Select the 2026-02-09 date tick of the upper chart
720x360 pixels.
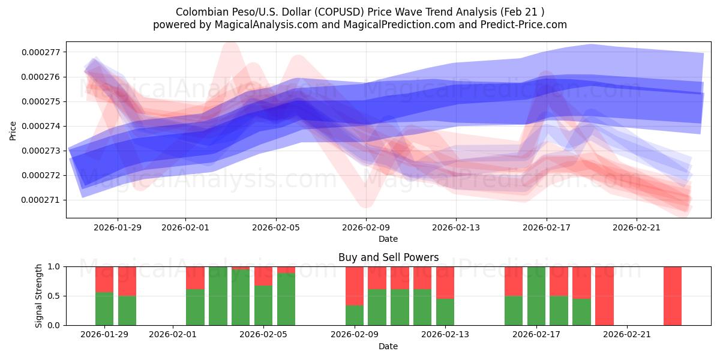pyautogui.click(x=366, y=227)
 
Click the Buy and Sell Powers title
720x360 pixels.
pyautogui.click(x=388, y=257)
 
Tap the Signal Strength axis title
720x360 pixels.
pyautogui.click(x=39, y=295)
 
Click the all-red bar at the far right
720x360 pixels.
pyautogui.click(x=672, y=295)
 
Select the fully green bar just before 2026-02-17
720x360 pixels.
pyautogui.click(x=536, y=295)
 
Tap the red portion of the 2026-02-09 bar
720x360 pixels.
pyautogui.click(x=355, y=286)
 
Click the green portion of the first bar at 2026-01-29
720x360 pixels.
pyautogui.click(x=104, y=308)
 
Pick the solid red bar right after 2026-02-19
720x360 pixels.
pyautogui.click(x=604, y=295)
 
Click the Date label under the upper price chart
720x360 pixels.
pyautogui.click(x=388, y=239)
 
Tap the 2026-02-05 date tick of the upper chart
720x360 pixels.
pyautogui.click(x=276, y=227)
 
